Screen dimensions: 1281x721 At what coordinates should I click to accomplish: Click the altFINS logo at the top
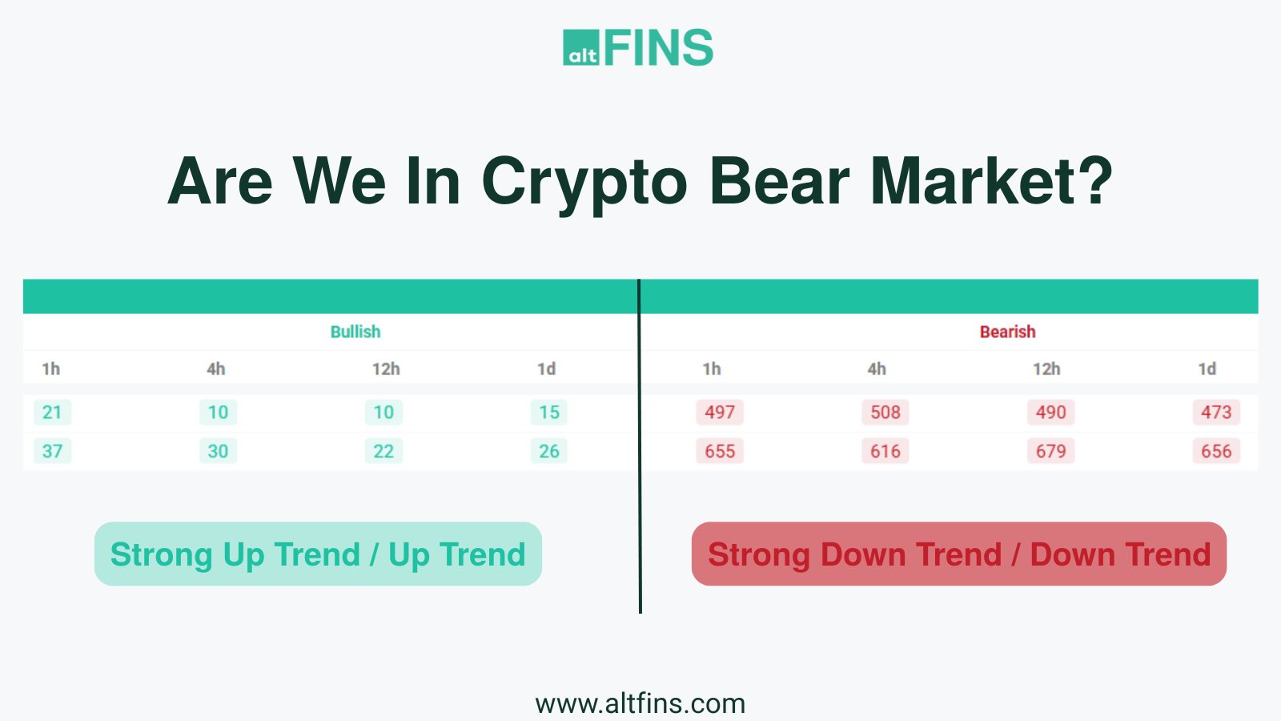pos(638,47)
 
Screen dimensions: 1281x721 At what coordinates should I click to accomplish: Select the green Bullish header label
pos(355,332)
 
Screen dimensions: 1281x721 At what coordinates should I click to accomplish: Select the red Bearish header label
pos(1008,332)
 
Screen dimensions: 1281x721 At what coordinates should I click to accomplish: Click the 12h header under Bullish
pos(386,369)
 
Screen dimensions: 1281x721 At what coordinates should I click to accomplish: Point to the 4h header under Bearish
pos(877,369)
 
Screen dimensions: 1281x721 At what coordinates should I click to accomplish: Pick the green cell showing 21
pos(52,412)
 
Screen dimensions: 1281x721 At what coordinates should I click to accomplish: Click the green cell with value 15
pos(549,412)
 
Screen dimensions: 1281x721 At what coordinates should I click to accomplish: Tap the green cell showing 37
pos(52,451)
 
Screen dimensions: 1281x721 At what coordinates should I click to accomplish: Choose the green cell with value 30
pos(218,451)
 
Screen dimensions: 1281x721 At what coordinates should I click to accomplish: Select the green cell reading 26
pos(549,451)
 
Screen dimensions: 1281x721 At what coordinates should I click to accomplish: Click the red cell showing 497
pos(720,412)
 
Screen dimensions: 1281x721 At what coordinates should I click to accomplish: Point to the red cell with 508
pos(885,412)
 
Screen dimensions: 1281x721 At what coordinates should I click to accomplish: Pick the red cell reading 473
pos(1216,412)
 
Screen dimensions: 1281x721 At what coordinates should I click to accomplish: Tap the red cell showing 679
pos(1051,451)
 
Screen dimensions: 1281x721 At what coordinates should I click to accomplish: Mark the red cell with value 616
pos(885,451)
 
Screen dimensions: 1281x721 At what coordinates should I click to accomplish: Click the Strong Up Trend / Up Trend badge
pos(318,554)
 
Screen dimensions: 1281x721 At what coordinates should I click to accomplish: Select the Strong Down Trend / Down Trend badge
pos(959,554)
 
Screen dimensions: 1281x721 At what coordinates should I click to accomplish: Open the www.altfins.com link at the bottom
pos(640,704)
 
